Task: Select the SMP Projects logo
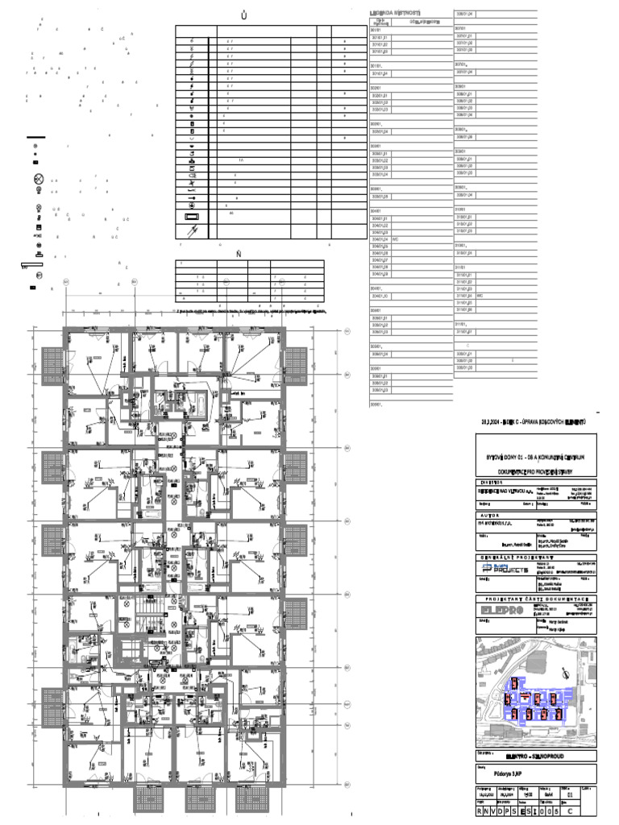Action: tap(505, 569)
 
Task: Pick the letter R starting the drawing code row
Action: tap(481, 812)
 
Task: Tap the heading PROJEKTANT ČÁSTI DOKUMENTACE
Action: tap(535, 599)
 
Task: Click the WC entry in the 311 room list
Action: tap(480, 296)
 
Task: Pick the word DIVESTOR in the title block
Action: tap(488, 482)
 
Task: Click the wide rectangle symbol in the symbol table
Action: tap(192, 218)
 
